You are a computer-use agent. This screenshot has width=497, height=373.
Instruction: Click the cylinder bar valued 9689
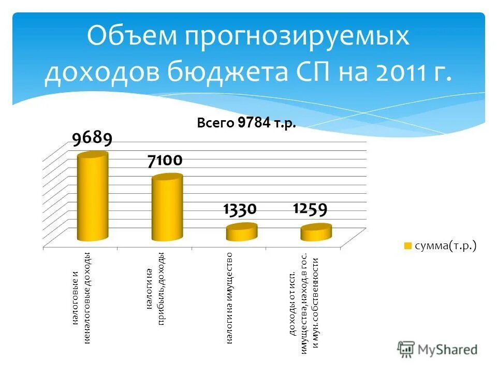93,197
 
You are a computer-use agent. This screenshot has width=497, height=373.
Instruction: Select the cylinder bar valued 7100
167,208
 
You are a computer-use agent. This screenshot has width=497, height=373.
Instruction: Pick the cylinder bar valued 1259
316,233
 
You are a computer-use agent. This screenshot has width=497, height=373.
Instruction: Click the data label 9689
92,138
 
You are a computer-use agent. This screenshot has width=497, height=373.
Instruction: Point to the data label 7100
165,161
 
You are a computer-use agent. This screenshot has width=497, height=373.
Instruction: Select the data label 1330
240,209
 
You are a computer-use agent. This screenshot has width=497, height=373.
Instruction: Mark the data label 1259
310,209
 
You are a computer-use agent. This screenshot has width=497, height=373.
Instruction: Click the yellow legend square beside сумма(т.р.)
407,246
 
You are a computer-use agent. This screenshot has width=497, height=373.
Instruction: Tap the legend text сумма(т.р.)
444,246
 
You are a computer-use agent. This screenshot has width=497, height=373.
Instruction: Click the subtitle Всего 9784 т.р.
246,123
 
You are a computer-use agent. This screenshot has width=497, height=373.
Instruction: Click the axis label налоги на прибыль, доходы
155,289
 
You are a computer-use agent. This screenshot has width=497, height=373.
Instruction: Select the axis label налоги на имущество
229,299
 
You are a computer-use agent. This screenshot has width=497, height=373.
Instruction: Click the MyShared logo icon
406,349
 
